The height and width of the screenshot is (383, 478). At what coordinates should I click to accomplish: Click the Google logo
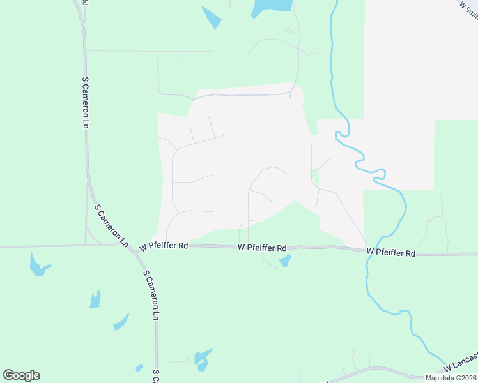(x=21, y=375)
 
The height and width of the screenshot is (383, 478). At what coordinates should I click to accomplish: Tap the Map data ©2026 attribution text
(x=451, y=377)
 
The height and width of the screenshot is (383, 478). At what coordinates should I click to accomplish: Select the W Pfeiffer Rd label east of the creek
(x=391, y=253)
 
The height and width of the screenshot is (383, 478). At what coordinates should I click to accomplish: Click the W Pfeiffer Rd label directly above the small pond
(x=261, y=247)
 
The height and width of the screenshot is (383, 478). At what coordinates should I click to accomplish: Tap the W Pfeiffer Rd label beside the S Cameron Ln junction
(x=164, y=246)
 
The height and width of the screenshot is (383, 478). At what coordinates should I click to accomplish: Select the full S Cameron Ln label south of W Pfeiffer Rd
(x=151, y=295)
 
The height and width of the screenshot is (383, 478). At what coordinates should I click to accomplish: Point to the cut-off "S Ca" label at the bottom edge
(x=155, y=377)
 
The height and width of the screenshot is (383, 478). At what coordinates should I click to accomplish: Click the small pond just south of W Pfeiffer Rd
(x=284, y=261)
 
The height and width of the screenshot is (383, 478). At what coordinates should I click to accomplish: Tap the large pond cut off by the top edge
(x=272, y=7)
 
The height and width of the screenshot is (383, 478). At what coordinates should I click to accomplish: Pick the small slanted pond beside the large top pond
(x=212, y=17)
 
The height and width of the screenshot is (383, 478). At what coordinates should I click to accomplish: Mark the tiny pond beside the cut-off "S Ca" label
(x=139, y=368)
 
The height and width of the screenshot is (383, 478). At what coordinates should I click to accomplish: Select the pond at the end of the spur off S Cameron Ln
(x=202, y=359)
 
